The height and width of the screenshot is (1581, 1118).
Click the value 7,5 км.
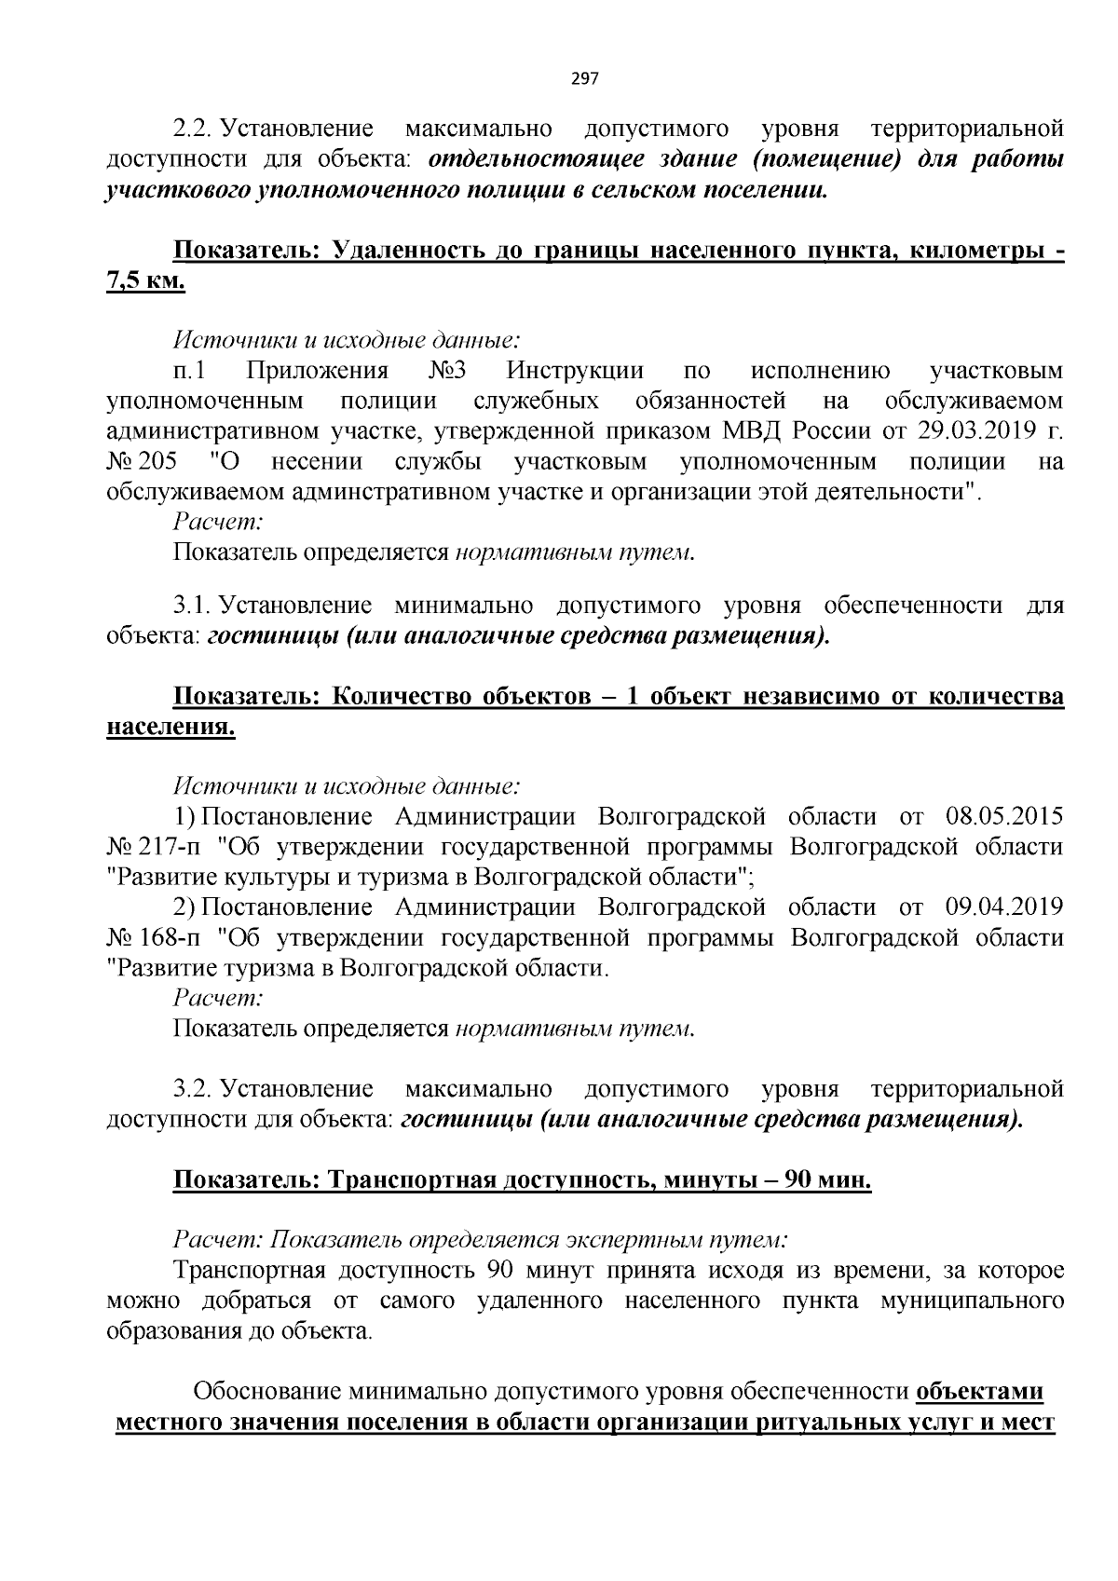[x=146, y=281]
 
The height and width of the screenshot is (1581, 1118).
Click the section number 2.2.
[x=193, y=128]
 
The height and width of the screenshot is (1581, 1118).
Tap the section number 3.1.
[x=193, y=607]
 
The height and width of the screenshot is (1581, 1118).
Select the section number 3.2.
[x=193, y=1089]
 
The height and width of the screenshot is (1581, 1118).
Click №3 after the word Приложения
[x=447, y=371]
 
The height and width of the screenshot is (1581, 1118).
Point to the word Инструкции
[x=575, y=371]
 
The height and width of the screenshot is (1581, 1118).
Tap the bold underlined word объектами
[x=979, y=1392]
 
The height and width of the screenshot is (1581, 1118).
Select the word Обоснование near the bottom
[x=266, y=1392]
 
